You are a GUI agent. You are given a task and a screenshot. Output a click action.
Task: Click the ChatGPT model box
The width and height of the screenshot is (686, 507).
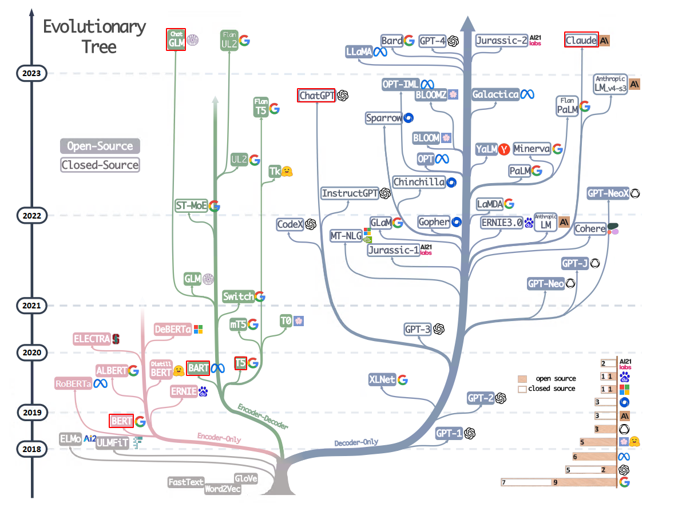click(x=316, y=96)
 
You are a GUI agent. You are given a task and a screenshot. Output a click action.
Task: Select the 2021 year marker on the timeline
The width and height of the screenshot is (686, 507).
click(x=32, y=306)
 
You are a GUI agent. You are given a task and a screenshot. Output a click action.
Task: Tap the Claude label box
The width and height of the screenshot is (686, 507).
click(x=581, y=41)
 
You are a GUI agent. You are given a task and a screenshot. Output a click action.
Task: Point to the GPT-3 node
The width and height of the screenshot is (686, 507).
click(x=417, y=329)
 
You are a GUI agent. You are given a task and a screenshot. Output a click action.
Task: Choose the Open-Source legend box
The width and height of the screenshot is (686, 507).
click(x=100, y=146)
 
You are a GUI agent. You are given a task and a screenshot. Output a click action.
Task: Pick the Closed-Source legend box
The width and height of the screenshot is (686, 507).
click(x=100, y=165)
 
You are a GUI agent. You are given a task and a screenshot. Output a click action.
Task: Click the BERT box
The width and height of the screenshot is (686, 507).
click(x=121, y=421)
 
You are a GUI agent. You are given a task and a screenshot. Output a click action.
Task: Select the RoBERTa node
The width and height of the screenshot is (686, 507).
click(x=74, y=383)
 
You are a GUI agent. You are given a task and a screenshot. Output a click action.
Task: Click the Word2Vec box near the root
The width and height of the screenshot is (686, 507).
click(x=223, y=489)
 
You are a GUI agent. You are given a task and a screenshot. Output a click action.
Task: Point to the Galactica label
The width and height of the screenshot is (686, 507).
click(x=495, y=94)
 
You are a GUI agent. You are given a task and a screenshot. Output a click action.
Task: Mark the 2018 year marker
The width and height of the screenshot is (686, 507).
click(x=32, y=449)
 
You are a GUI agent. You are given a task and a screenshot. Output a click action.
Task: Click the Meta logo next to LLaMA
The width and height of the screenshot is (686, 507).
click(x=381, y=52)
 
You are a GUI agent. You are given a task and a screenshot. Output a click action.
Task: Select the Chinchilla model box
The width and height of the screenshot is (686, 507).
click(x=419, y=182)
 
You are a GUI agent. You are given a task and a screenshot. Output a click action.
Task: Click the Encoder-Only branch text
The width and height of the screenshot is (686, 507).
click(x=219, y=438)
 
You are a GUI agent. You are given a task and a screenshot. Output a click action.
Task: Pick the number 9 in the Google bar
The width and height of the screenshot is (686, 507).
click(x=555, y=483)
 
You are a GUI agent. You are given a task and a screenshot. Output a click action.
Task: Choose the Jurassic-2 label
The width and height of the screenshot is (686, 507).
click(x=502, y=41)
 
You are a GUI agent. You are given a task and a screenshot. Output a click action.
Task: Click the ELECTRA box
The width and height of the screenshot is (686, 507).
click(x=92, y=339)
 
